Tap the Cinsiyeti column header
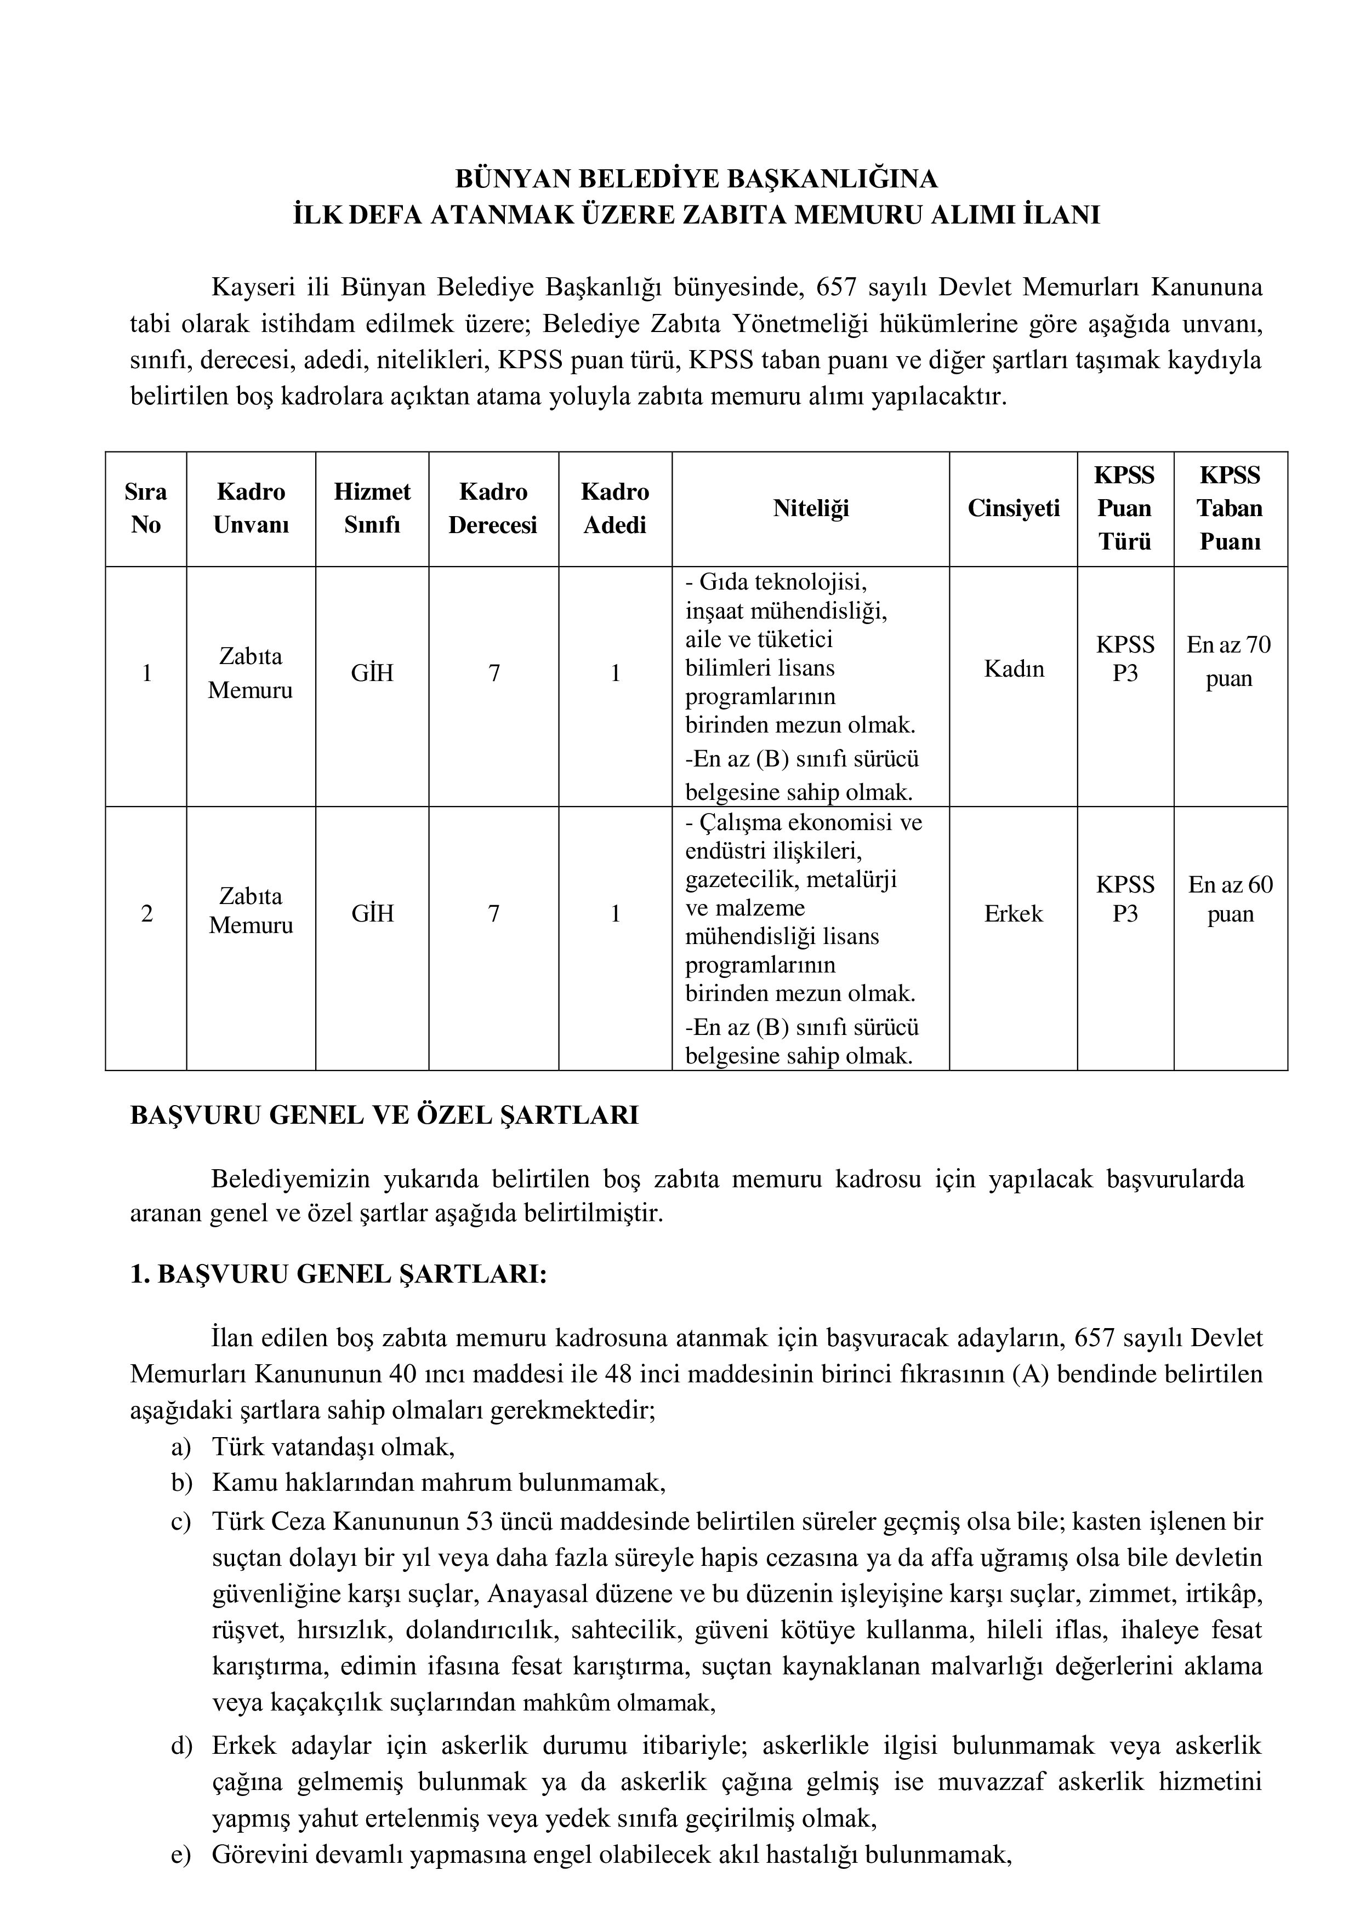pos(1014,508)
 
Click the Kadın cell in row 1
pos(1014,669)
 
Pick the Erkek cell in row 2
pos(1014,913)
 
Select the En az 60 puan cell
pos(1230,899)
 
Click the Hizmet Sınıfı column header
pos(372,508)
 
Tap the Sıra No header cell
pos(146,508)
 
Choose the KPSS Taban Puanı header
pos(1230,508)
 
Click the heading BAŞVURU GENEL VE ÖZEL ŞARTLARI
pos(384,1116)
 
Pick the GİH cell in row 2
pos(372,913)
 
